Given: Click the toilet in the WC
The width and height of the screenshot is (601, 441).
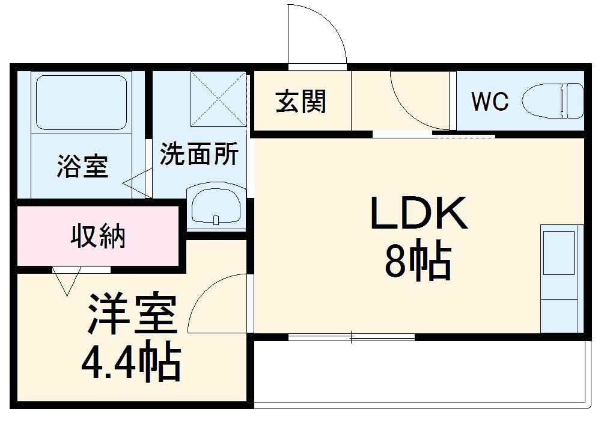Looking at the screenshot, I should (554, 100).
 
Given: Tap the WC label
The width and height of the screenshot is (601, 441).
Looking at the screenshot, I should (489, 102).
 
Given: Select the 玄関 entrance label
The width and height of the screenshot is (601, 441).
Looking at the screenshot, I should (300, 101).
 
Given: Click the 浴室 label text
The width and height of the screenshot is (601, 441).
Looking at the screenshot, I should (82, 167).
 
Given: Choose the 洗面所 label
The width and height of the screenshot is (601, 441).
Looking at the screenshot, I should (199, 154).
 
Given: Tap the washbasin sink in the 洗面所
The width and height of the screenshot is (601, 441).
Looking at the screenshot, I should (216, 205).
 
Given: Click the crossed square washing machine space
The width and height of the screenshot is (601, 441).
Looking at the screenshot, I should (218, 99).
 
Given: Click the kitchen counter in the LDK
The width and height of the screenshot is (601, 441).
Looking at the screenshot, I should (561, 278).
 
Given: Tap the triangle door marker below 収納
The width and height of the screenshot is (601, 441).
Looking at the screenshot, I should (66, 280).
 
